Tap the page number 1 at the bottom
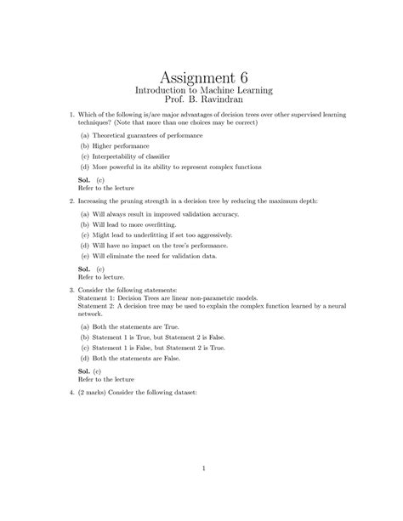(201, 467)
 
